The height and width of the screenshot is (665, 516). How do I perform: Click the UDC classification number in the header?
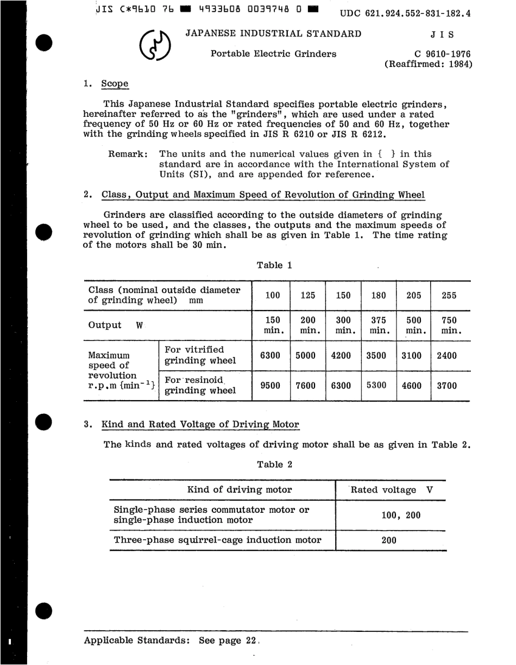click(405, 14)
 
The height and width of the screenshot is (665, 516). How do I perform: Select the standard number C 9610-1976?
click(442, 54)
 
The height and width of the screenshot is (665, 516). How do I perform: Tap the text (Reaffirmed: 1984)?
click(429, 64)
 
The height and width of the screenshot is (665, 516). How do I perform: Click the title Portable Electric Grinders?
click(273, 54)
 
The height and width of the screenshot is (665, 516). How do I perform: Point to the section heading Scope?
click(115, 84)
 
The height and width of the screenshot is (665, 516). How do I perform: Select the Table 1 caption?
click(274, 265)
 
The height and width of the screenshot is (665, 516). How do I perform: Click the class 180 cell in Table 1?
click(378, 296)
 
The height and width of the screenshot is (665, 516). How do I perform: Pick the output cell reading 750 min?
click(450, 325)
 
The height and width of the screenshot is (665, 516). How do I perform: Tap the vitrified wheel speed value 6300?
click(270, 356)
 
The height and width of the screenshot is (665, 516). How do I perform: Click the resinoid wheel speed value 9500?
click(270, 386)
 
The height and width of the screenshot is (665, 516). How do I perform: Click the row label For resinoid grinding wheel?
click(200, 386)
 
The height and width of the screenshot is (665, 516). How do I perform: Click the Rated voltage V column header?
click(391, 490)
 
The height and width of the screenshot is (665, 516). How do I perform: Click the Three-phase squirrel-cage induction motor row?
click(217, 540)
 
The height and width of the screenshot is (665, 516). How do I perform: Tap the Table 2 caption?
click(274, 464)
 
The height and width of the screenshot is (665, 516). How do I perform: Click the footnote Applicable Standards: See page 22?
click(169, 641)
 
